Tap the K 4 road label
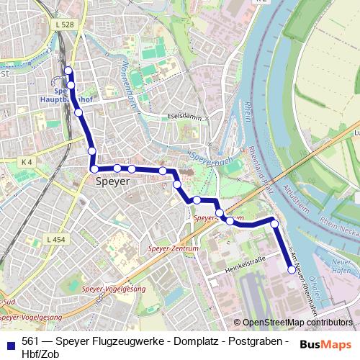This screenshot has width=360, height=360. [27, 162]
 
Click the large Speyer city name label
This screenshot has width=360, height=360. [112, 182]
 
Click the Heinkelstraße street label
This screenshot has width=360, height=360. [245, 262]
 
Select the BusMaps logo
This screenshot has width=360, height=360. [325, 343]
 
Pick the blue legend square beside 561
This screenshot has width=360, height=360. [9, 343]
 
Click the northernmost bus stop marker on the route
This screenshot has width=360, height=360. [68, 71]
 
